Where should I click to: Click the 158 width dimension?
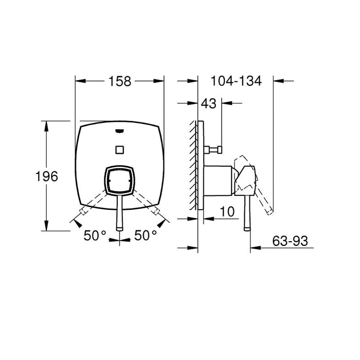pyautogui.click(x=119, y=81)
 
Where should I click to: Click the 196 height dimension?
pyautogui.click(x=46, y=176)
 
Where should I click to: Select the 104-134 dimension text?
pyautogui.click(x=236, y=81)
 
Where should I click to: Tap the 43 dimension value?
pyautogui.click(x=208, y=103)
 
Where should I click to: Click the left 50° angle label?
pyautogui.click(x=95, y=235)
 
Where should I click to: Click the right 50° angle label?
pyautogui.click(x=146, y=235)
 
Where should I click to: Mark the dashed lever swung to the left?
pyautogui.click(x=93, y=206)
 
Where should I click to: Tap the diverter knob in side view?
pyautogui.click(x=214, y=150)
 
